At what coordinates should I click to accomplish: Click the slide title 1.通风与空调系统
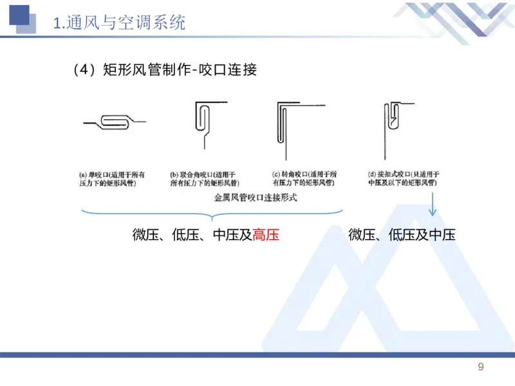[118, 24]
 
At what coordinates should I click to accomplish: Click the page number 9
[480, 367]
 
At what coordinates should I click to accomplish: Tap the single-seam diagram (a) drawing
[115, 121]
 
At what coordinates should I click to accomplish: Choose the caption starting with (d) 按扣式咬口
[403, 179]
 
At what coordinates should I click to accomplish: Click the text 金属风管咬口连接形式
[256, 198]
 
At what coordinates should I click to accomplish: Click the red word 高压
[266, 235]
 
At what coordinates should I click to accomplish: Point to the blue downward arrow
[433, 206]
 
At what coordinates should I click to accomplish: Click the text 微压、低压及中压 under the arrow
[402, 235]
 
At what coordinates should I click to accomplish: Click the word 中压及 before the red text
[232, 235]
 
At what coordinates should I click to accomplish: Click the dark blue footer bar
[257, 354]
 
